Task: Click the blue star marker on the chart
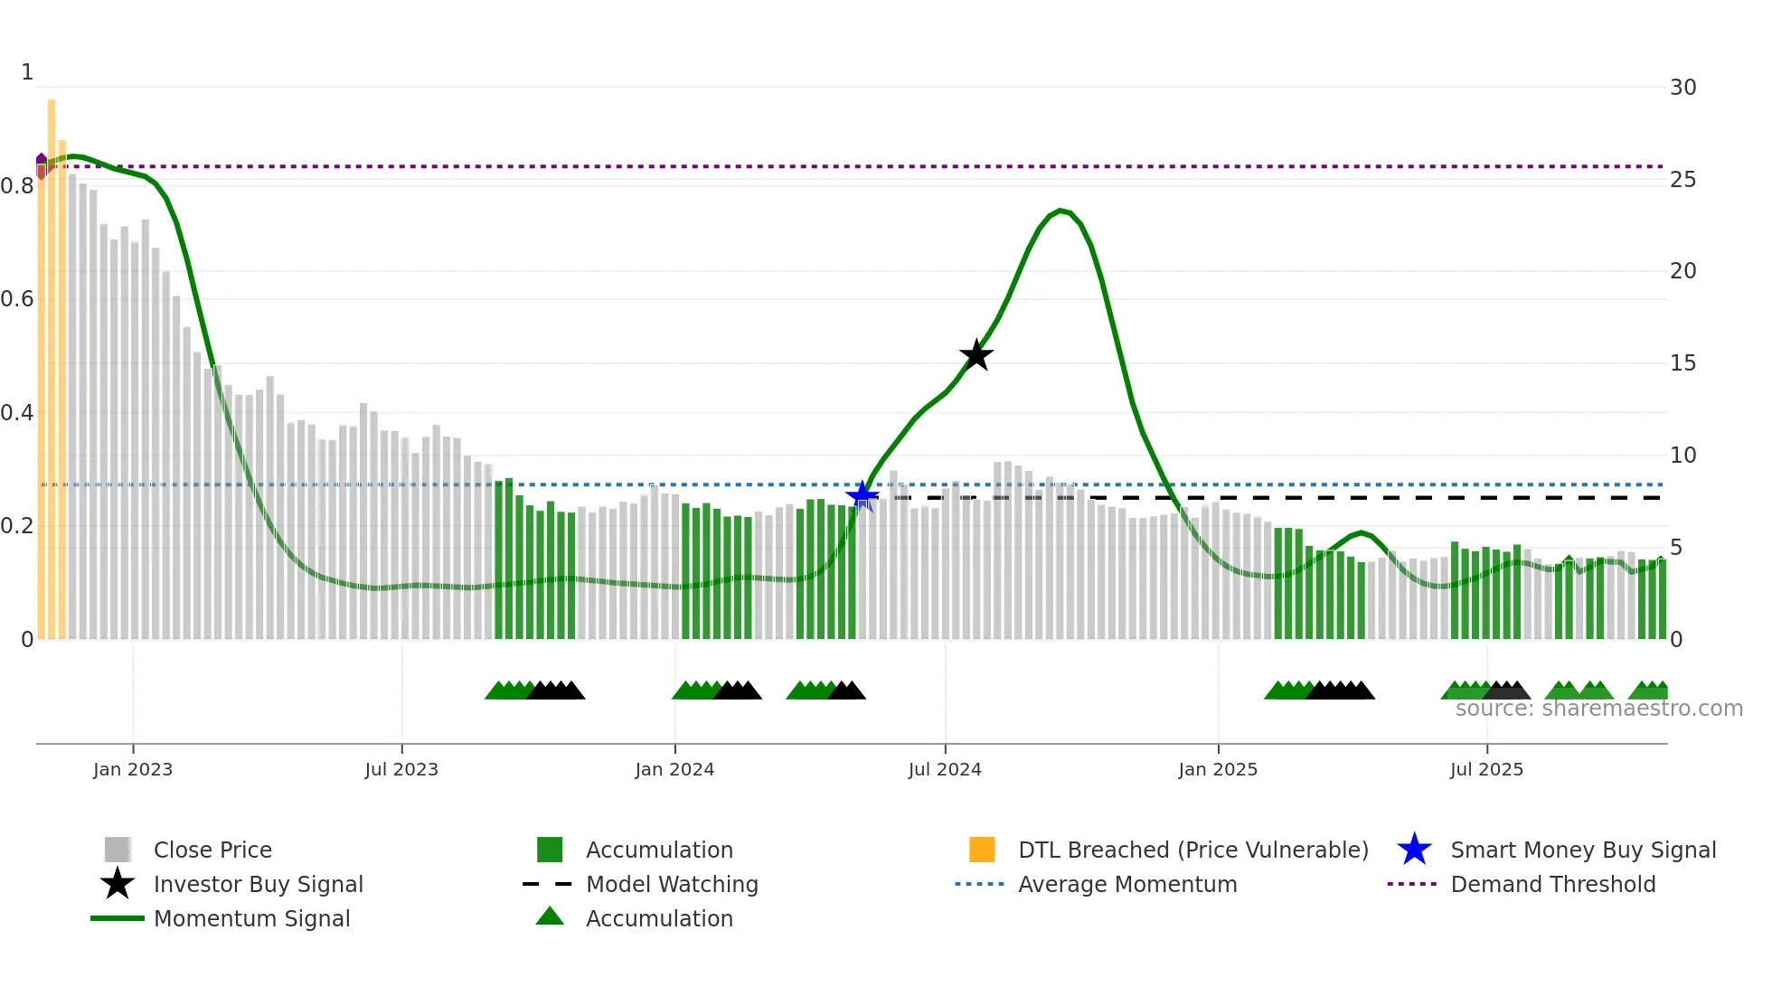[x=862, y=495]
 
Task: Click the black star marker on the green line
[x=976, y=355]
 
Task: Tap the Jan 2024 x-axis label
[x=674, y=769]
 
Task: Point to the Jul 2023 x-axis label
[x=401, y=769]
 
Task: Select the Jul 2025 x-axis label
[x=1486, y=769]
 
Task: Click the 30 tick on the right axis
[x=1682, y=88]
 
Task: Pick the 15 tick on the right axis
[x=1682, y=363]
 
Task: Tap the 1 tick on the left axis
[x=27, y=72]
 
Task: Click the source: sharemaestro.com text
[x=1598, y=709]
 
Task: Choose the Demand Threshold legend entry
[x=1552, y=885]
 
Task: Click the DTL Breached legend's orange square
[x=982, y=850]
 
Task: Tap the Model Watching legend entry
[x=671, y=885]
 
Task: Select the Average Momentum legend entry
[x=1126, y=885]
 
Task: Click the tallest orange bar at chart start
[x=52, y=362]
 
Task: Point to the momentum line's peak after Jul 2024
[x=1061, y=211]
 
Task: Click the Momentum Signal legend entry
[x=251, y=919]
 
